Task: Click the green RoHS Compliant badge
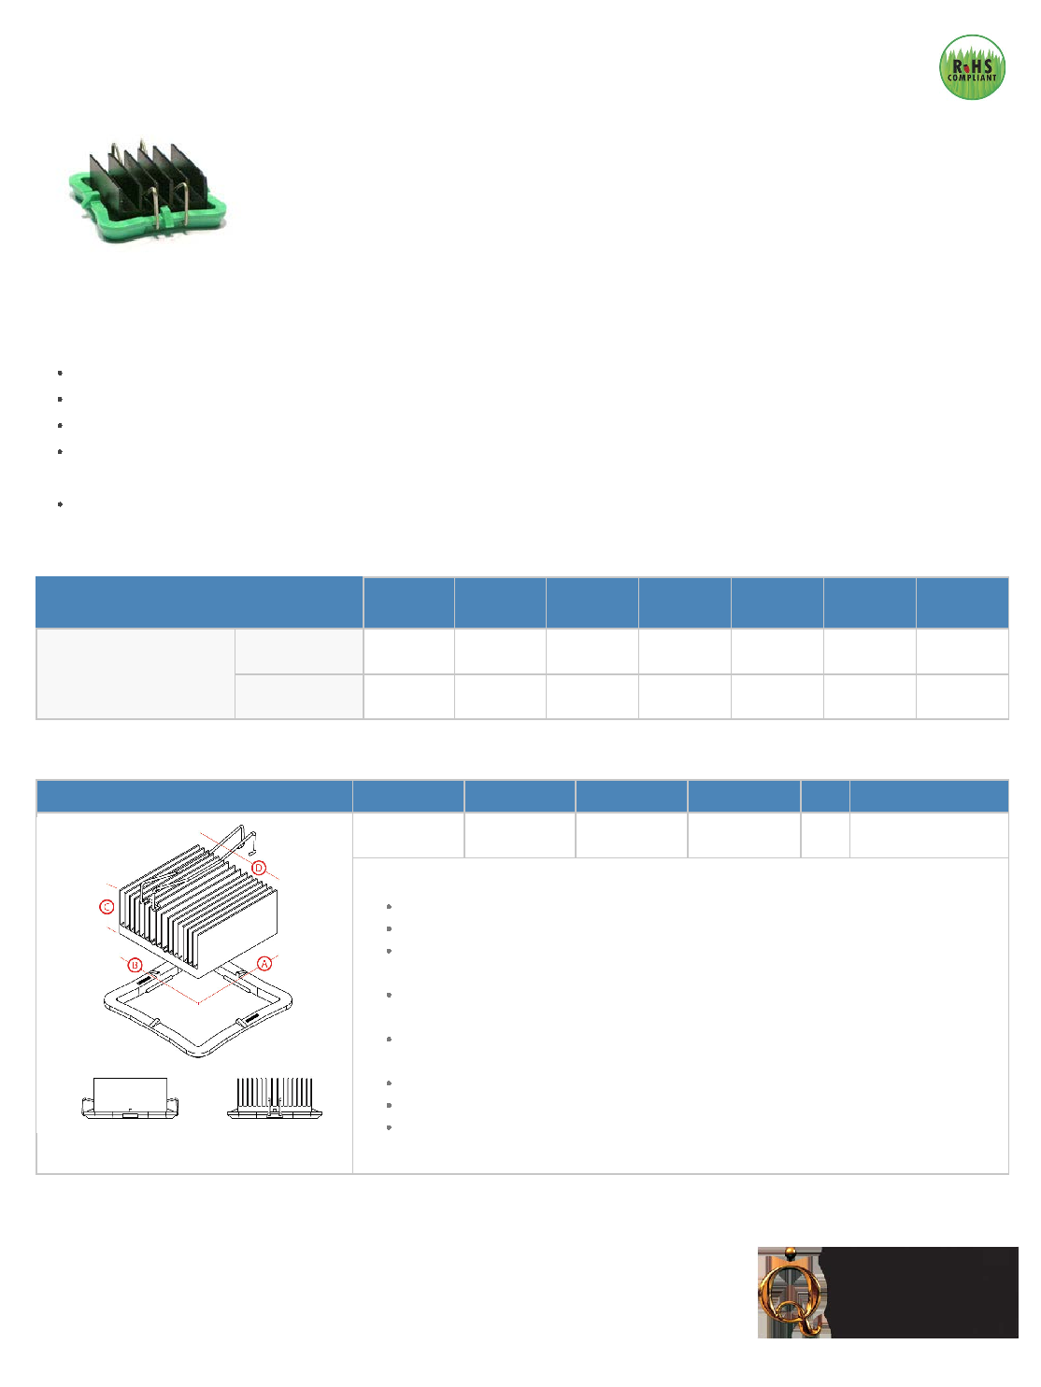pyautogui.click(x=971, y=67)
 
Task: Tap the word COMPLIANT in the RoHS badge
pyautogui.click(x=972, y=78)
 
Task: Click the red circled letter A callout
pyautogui.click(x=264, y=963)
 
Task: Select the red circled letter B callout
pyautogui.click(x=135, y=965)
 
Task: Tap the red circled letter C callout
pyautogui.click(x=107, y=907)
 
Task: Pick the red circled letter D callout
pyautogui.click(x=259, y=868)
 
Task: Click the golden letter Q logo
pyautogui.click(x=791, y=1296)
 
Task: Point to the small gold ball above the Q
pyautogui.click(x=790, y=1252)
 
